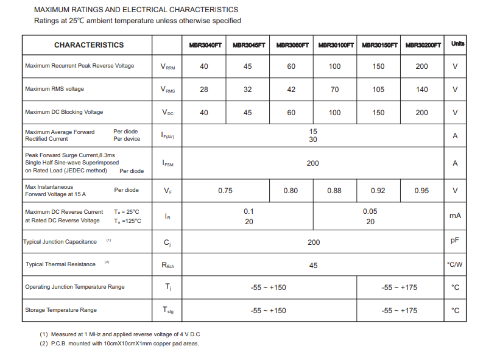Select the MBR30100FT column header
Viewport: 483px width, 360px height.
335,45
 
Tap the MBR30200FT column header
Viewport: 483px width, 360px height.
422,45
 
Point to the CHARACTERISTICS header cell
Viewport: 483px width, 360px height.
88,45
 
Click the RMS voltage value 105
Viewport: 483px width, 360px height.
378,90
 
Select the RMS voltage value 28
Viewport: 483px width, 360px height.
204,90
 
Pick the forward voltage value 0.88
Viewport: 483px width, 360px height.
334,191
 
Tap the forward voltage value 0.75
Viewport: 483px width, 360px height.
225,191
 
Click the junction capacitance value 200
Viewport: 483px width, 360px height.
313,242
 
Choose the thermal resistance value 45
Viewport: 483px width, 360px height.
313,266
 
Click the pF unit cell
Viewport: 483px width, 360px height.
455,241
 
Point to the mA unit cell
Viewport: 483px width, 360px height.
455,216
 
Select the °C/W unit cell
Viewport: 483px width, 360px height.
455,264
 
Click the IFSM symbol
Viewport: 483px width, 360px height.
167,163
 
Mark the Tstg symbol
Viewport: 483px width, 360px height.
167,310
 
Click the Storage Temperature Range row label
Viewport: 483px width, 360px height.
61,310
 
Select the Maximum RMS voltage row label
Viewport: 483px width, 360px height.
55,89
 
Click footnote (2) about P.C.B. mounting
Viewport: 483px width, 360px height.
119,344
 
